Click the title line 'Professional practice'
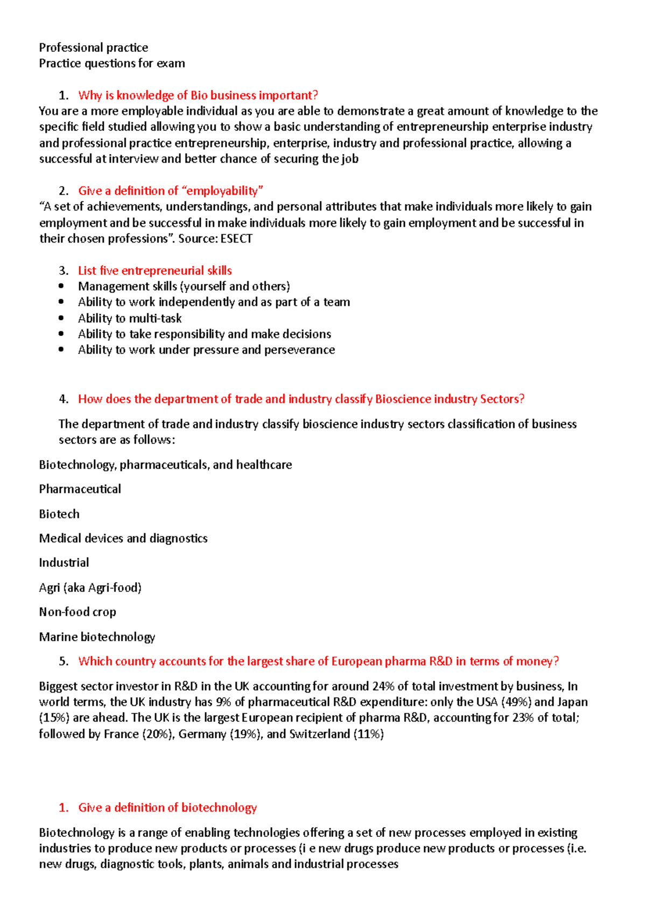93,47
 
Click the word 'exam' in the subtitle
171,64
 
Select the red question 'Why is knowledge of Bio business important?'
198,95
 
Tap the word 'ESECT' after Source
236,239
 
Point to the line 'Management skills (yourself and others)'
184,286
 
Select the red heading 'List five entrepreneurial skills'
155,271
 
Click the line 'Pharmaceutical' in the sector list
80,489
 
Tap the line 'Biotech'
59,514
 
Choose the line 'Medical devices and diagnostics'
123,538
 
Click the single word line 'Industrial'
64,563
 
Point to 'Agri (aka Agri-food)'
90,587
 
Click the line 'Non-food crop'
77,612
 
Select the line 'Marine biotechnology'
97,637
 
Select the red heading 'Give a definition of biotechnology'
167,807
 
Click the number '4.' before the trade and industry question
64,399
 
